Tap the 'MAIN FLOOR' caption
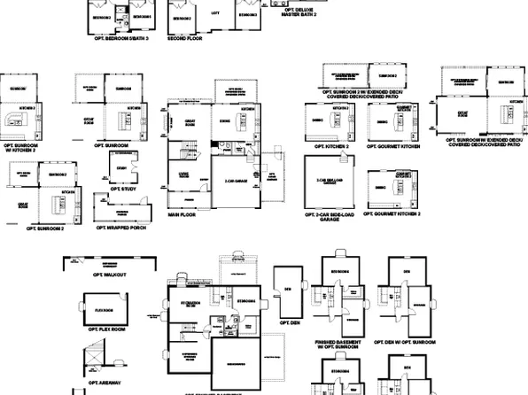pyautogui.click(x=182, y=213)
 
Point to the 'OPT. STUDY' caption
pyautogui.click(x=121, y=189)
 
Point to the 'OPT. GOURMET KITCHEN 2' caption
pyautogui.click(x=392, y=214)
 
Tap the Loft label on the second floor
pyautogui.click(x=214, y=13)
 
